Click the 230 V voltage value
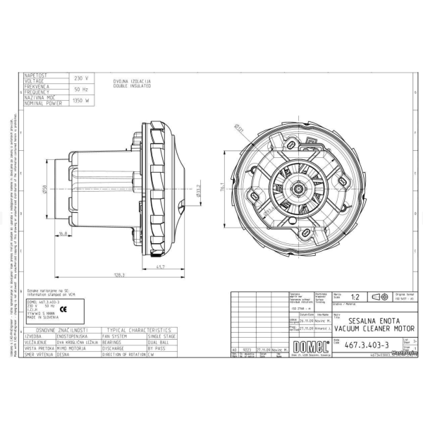click(80, 78)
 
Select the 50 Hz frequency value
click(80, 90)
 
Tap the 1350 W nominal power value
click(80, 101)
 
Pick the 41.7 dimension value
click(160, 266)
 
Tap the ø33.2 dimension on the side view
click(199, 190)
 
